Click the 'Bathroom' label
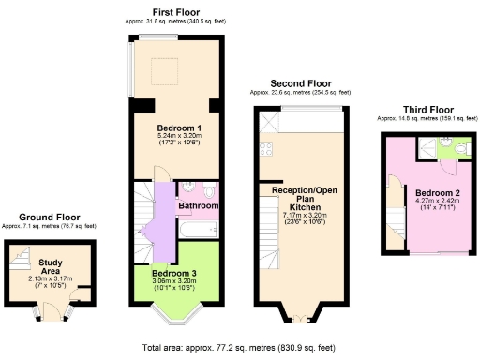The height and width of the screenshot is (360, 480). pos(199,204)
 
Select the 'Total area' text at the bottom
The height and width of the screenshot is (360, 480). pos(240,347)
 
